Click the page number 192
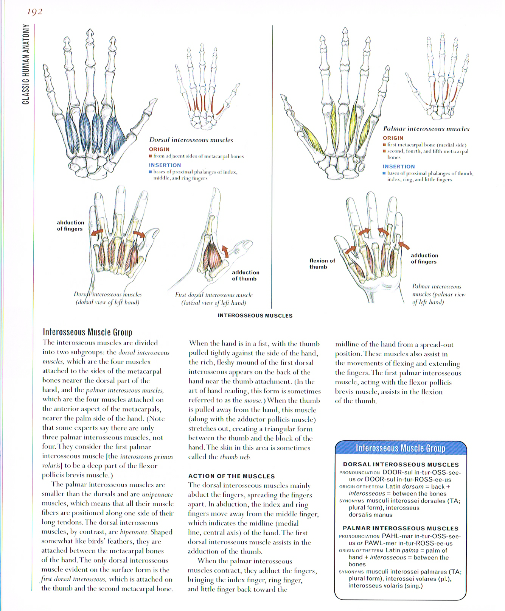(x=34, y=12)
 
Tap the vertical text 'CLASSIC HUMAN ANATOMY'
(x=25, y=64)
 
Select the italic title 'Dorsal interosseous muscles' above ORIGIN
(x=191, y=140)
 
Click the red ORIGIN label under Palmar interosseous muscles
(x=393, y=138)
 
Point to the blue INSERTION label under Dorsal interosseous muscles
(x=165, y=165)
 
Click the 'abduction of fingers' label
(x=70, y=226)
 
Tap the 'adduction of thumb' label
(x=246, y=275)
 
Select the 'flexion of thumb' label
(x=322, y=263)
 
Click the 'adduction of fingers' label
(x=424, y=259)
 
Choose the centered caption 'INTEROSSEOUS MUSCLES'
(x=255, y=315)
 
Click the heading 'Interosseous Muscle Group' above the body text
(x=87, y=332)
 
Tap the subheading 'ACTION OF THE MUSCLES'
(x=232, y=476)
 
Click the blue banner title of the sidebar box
(x=400, y=448)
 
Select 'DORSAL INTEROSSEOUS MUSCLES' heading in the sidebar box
(x=401, y=464)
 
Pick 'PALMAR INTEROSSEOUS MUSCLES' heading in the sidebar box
(x=400, y=528)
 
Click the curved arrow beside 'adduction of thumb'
(x=225, y=251)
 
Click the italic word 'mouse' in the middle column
(x=253, y=401)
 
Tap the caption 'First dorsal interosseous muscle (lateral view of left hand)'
(x=214, y=299)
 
